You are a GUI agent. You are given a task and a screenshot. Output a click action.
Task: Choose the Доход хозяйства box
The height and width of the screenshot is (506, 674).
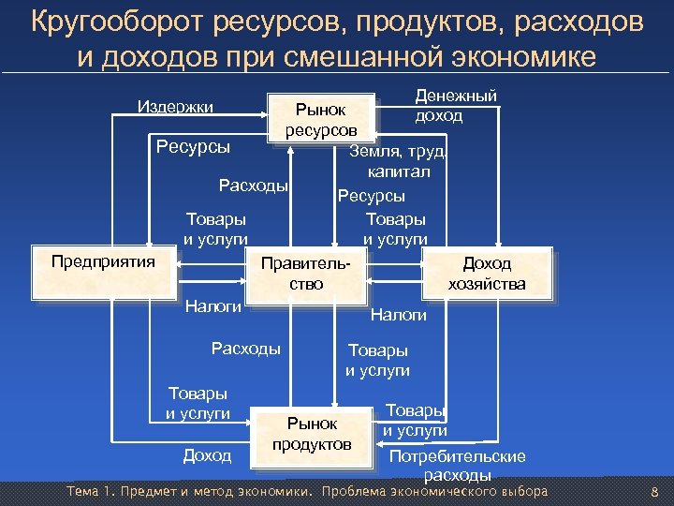click(487, 274)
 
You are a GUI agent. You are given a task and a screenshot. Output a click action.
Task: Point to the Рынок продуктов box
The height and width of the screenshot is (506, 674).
click(312, 434)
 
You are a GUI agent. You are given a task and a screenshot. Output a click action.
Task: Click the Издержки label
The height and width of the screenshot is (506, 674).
click(176, 106)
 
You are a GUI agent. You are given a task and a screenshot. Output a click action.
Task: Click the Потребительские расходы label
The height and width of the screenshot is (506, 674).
click(458, 466)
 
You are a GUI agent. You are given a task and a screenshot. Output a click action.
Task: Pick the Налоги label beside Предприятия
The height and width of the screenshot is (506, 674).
click(213, 305)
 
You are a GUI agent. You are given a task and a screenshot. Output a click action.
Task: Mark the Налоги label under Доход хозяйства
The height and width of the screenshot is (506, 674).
click(399, 316)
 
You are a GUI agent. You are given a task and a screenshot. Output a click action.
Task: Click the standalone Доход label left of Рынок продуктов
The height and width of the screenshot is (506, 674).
click(207, 455)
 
